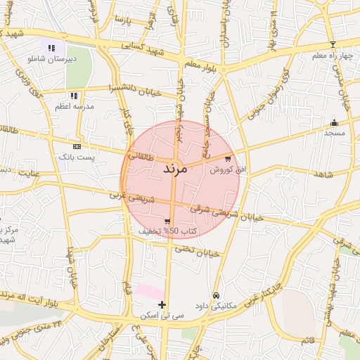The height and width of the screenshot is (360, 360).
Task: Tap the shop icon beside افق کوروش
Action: (x=227, y=159)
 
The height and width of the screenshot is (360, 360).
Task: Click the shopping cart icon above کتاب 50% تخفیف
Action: (x=166, y=221)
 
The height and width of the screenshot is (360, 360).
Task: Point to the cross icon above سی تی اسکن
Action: (x=162, y=305)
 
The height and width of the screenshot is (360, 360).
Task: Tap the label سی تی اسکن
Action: (x=162, y=316)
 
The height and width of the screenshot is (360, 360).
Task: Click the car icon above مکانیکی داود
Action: (x=216, y=296)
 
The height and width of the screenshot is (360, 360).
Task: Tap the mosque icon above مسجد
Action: (x=334, y=122)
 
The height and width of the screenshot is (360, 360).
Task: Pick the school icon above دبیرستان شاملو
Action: (x=51, y=48)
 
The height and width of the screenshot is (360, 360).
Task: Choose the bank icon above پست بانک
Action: (x=76, y=146)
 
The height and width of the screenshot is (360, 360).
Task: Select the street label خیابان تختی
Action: (x=194, y=250)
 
